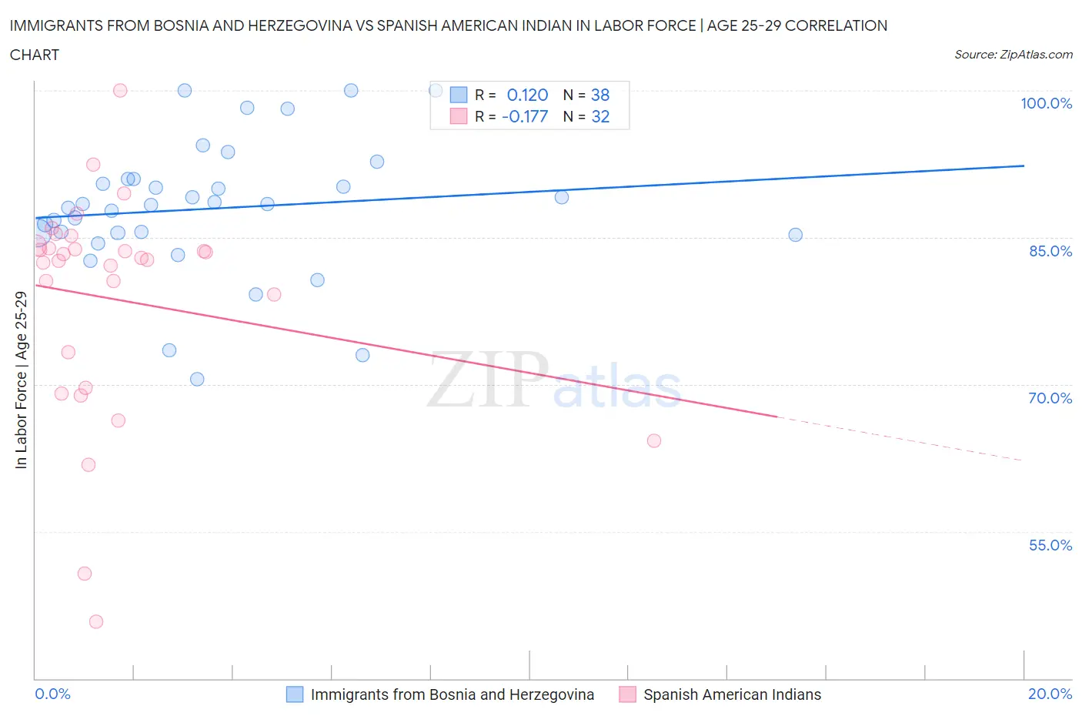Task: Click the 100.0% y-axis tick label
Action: [1046, 103]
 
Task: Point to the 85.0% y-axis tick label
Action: [1050, 251]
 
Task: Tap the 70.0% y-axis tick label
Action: [1050, 398]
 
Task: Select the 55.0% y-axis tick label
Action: [1050, 545]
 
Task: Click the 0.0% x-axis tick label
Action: [52, 694]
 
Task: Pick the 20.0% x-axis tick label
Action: [1050, 694]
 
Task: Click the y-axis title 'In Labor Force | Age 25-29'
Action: [21, 380]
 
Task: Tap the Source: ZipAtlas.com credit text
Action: [1013, 55]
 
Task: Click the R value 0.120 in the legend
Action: [527, 95]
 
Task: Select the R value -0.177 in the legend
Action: [525, 116]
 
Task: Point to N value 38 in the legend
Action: [600, 95]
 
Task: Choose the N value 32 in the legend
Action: [600, 116]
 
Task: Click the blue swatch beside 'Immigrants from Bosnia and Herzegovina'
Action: [295, 694]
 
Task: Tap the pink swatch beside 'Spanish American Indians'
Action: [627, 694]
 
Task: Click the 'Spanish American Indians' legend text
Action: [732, 694]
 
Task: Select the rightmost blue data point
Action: [795, 235]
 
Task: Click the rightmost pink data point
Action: [654, 440]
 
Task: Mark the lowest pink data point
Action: [96, 621]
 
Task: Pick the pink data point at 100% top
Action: [120, 90]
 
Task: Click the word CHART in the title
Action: [35, 55]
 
